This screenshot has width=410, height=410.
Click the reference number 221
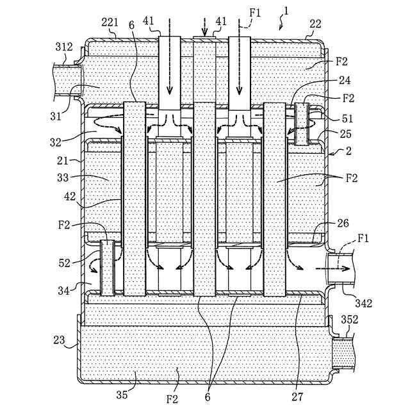(110, 23)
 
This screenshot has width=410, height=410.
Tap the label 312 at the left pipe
(64, 47)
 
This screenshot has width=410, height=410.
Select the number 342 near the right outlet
(363, 303)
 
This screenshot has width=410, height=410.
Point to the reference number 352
(350, 320)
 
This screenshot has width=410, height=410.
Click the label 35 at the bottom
(122, 395)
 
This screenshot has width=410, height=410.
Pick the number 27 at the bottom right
(297, 397)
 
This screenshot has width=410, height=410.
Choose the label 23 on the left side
(59, 340)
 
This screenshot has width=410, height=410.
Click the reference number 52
(64, 263)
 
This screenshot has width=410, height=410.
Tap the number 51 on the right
(347, 119)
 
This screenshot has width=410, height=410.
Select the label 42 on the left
(70, 197)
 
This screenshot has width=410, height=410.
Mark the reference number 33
(63, 178)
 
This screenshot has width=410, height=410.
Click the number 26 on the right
(343, 223)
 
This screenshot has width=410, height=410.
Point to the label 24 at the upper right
(345, 80)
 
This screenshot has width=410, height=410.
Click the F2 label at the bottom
(172, 399)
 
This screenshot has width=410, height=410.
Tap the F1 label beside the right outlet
(363, 238)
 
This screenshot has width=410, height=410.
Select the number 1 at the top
(286, 11)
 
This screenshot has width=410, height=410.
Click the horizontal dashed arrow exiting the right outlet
(332, 268)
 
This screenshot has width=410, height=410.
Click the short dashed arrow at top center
(204, 27)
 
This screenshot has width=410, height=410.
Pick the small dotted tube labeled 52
(108, 268)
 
